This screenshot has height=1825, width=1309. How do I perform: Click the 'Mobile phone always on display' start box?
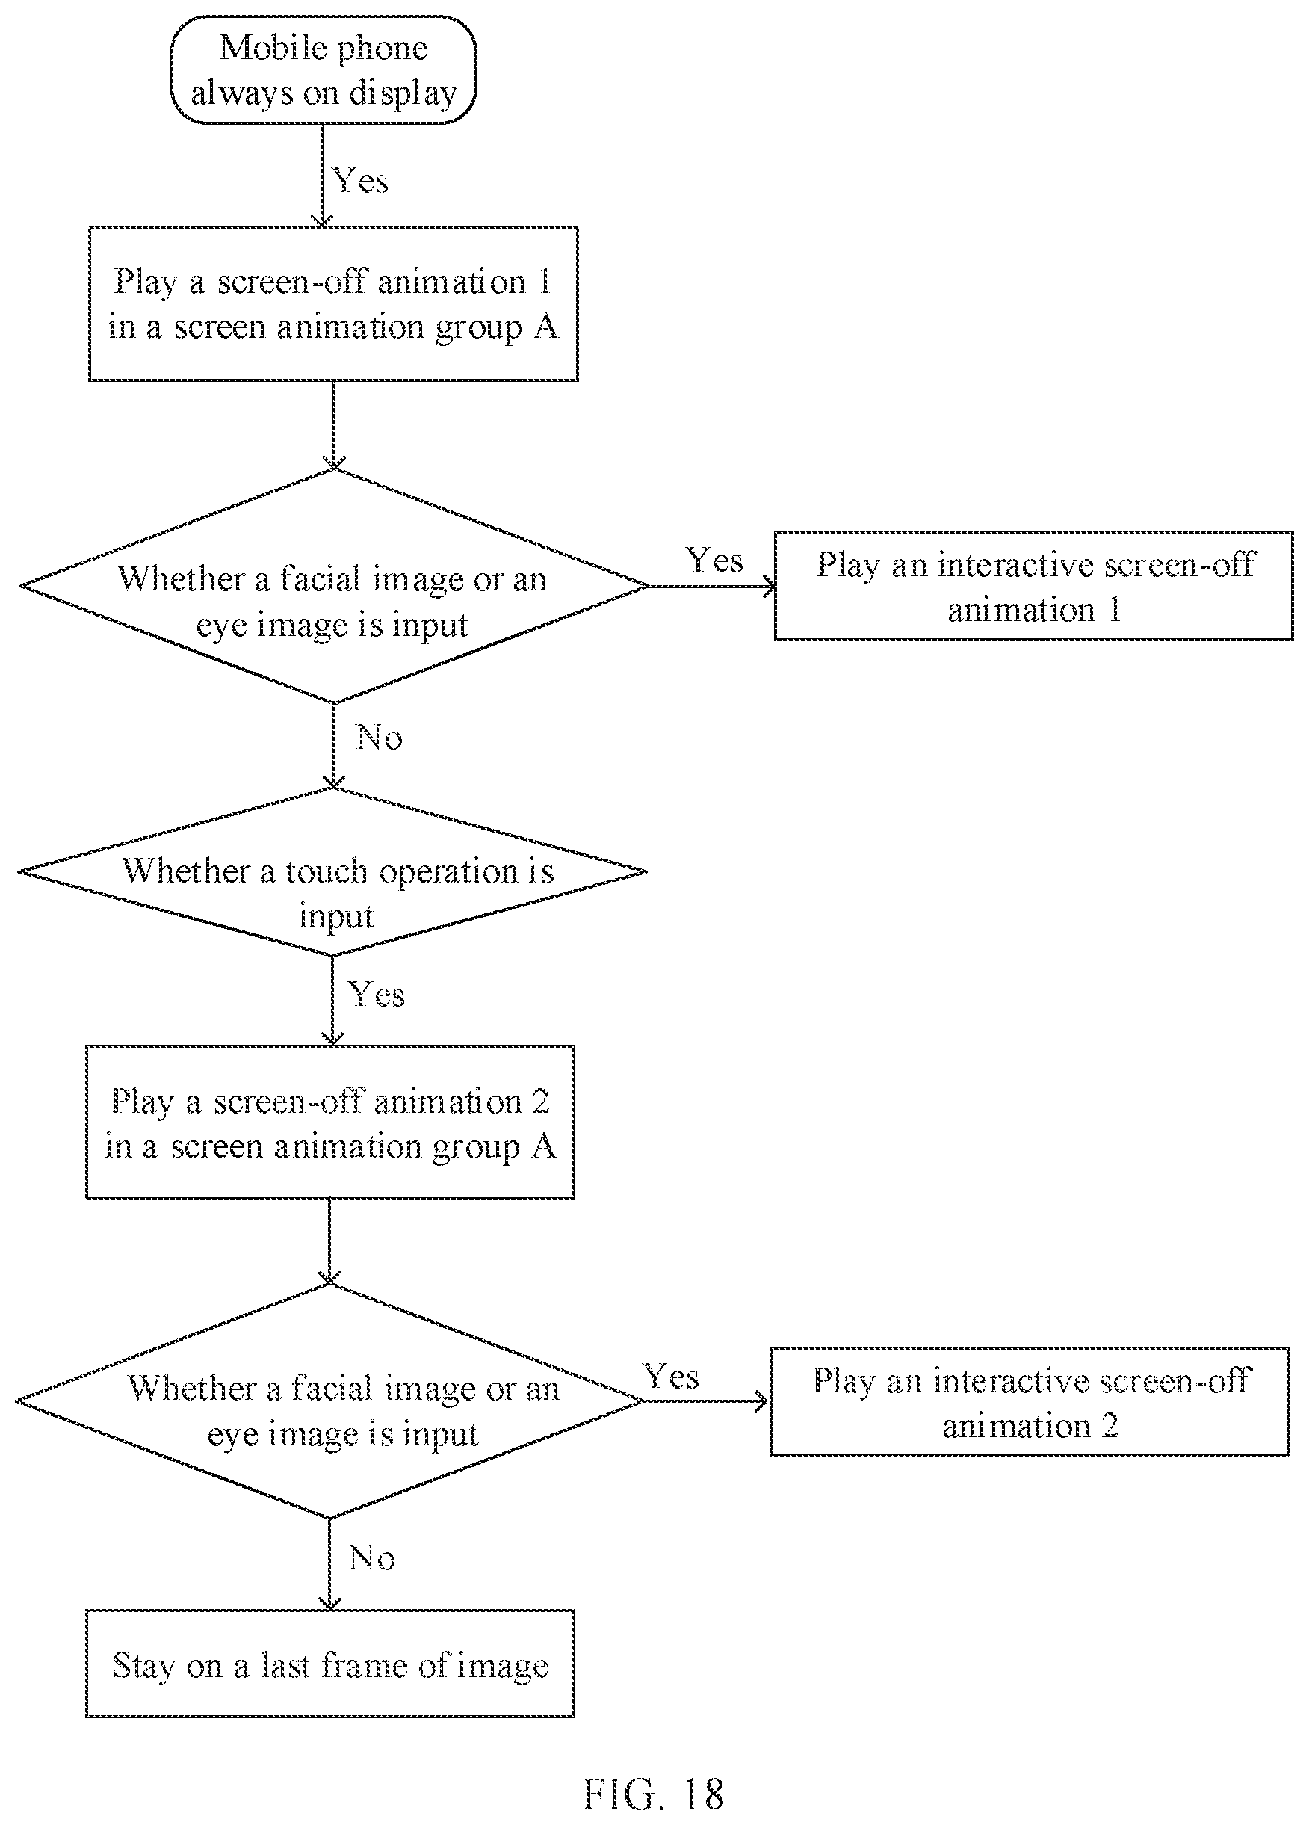(x=324, y=71)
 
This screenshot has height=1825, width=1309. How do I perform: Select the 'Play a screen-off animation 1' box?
(x=333, y=304)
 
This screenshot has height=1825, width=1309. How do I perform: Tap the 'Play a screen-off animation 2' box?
(x=329, y=1123)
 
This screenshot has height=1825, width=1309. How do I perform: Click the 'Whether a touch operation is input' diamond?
(x=332, y=871)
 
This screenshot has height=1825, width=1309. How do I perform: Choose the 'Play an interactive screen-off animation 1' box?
(x=1034, y=587)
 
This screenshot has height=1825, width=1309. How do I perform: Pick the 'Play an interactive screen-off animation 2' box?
(x=1030, y=1402)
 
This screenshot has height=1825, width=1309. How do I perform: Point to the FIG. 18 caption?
(x=652, y=1794)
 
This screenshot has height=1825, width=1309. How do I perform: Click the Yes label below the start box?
(x=360, y=180)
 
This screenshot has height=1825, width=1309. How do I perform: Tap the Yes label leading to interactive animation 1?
(x=714, y=560)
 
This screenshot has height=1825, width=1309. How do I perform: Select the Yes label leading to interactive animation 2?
(x=671, y=1376)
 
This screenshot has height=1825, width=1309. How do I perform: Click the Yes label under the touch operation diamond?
(x=376, y=995)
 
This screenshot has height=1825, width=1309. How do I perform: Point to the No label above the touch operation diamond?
(x=379, y=737)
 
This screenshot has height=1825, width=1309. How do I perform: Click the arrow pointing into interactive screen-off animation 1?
(x=711, y=587)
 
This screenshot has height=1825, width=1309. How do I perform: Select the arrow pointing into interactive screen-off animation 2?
(x=706, y=1402)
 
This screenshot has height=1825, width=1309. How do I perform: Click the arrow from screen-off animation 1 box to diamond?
(x=334, y=426)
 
